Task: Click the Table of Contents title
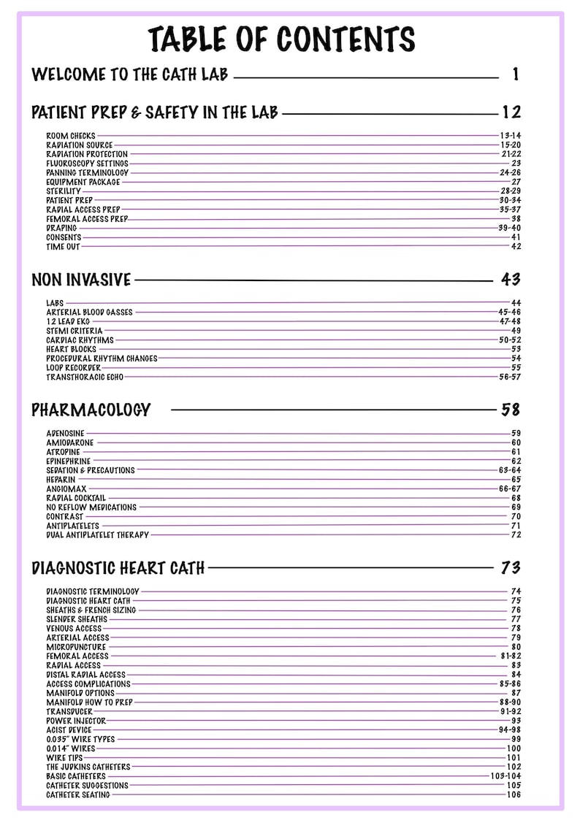[x=282, y=39]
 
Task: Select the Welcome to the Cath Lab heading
[x=130, y=74]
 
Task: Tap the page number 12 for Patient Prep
[x=511, y=112]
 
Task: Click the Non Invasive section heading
[x=81, y=280]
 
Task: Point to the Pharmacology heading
[x=91, y=410]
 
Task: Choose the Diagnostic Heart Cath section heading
[x=118, y=567]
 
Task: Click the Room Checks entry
[x=71, y=136]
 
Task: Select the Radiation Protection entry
[x=87, y=154]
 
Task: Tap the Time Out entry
[x=64, y=247]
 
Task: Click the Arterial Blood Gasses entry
[x=89, y=313]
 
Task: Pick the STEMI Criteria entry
[x=75, y=331]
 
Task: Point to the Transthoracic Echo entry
[x=85, y=378]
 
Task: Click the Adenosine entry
[x=65, y=434]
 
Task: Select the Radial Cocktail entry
[x=76, y=498]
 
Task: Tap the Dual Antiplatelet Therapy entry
[x=97, y=535]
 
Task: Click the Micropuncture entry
[x=76, y=647]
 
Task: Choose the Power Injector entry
[x=76, y=721]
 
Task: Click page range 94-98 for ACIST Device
[x=510, y=730]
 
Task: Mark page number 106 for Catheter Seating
[x=514, y=795]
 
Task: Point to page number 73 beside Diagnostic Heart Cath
[x=510, y=567]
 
